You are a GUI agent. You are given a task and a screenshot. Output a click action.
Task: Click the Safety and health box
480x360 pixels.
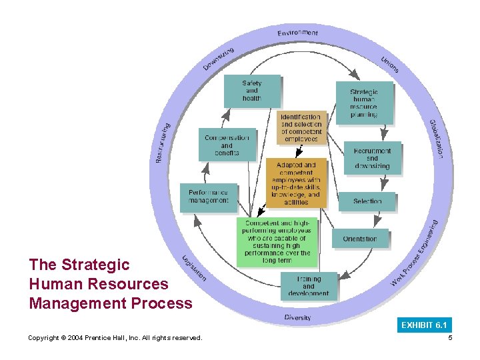click(x=252, y=91)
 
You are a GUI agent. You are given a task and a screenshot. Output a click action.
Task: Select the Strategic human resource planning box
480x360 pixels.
click(x=363, y=103)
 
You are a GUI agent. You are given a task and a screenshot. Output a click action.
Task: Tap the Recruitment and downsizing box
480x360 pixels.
click(x=373, y=158)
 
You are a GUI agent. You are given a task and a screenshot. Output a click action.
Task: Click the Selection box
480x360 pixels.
click(x=367, y=201)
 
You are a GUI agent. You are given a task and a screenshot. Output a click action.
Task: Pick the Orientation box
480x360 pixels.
click(x=360, y=239)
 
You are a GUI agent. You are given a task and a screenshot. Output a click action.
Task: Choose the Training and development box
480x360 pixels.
click(x=309, y=285)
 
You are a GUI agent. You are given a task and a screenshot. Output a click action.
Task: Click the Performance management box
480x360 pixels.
click(x=208, y=197)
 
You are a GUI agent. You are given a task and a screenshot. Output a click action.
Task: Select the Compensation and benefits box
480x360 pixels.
click(x=227, y=145)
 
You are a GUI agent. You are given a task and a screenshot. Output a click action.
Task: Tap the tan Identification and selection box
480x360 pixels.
click(x=301, y=127)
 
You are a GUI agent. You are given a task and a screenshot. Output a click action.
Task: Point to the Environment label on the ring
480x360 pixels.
click(x=298, y=32)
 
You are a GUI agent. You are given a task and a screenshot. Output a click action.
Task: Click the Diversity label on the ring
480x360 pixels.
click(x=297, y=317)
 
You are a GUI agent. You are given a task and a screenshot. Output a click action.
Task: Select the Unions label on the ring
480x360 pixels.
click(x=390, y=65)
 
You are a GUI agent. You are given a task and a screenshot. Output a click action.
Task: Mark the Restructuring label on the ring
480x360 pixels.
click(x=162, y=143)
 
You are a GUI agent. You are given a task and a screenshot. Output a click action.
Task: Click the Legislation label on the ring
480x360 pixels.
click(x=194, y=268)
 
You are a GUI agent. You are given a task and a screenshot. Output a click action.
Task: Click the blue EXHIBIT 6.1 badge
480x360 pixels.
click(x=423, y=325)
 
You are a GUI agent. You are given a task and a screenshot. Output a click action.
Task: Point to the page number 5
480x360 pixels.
click(x=451, y=338)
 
